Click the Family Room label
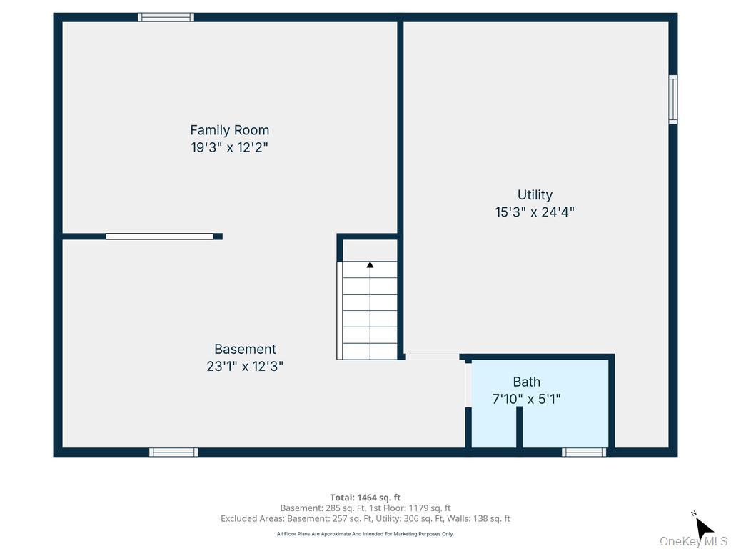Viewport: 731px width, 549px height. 229,130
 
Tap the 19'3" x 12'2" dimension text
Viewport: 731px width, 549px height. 229,147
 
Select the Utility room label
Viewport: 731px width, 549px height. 535,194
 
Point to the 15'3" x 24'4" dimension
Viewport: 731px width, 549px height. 535,212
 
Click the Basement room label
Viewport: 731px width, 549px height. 246,349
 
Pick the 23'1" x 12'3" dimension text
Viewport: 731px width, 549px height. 246,367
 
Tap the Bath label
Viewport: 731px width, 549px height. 527,382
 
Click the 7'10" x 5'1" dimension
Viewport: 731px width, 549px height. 527,399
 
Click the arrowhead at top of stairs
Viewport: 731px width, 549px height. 370,264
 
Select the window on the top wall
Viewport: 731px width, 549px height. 166,17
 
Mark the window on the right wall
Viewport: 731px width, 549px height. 673,99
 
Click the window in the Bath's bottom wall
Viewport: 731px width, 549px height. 584,452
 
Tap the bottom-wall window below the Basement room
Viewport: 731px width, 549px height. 173,452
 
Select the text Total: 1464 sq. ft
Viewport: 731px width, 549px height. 365,498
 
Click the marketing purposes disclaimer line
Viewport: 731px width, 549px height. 365,533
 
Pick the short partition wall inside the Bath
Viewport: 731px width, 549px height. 520,427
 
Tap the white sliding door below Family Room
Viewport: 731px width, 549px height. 159,237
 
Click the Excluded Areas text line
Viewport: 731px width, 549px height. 365,519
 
